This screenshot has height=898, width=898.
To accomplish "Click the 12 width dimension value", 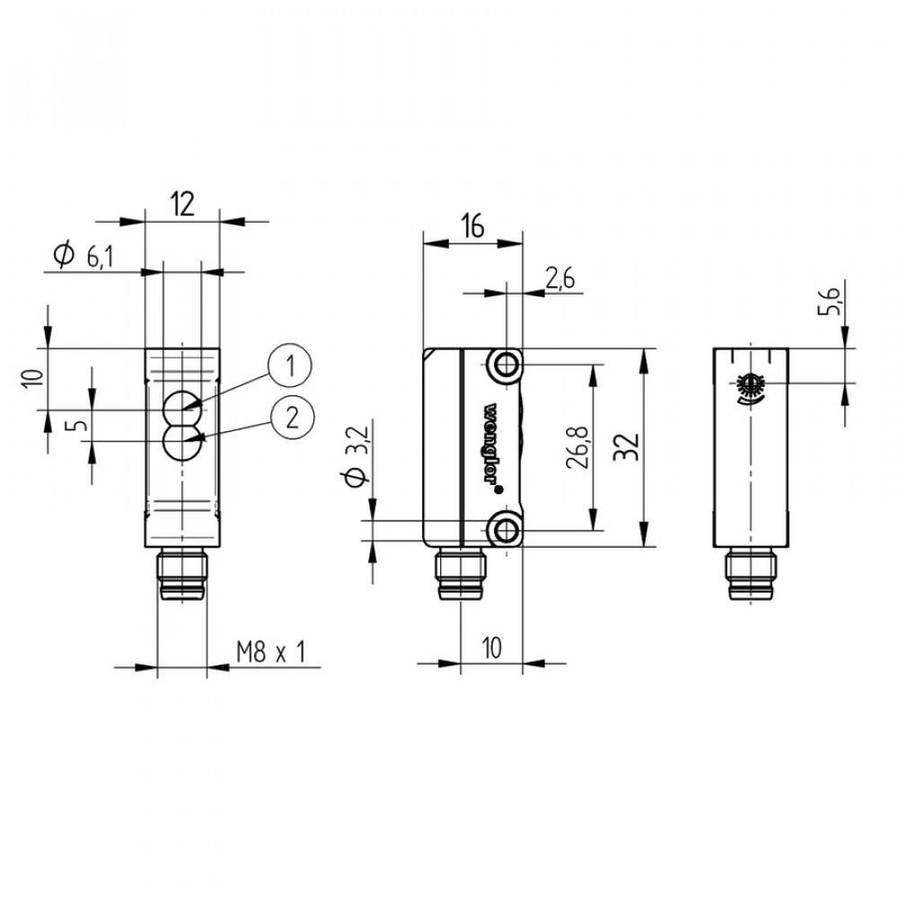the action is [182, 204].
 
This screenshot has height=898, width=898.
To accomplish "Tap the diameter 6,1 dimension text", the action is [84, 256].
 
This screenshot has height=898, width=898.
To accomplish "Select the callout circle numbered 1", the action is [290, 366].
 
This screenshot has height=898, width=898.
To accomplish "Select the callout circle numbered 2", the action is [292, 418].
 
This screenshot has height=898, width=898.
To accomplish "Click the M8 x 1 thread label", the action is [271, 652].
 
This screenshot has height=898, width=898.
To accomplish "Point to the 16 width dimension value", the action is [472, 225].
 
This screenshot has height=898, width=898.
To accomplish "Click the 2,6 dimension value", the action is [559, 279].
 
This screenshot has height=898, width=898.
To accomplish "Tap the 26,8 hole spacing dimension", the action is [577, 446].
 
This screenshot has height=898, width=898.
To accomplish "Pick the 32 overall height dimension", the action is [626, 447].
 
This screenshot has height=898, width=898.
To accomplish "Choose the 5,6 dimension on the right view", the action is [829, 302].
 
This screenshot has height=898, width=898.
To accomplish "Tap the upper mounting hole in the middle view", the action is [505, 365].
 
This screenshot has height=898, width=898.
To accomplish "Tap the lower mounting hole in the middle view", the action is [505, 531].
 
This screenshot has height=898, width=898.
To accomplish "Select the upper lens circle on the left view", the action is [182, 409].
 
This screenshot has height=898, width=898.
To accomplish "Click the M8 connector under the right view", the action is [751, 574].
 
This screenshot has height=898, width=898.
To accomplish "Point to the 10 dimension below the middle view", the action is [492, 647].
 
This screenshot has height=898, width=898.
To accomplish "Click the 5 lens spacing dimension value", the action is [80, 425].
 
